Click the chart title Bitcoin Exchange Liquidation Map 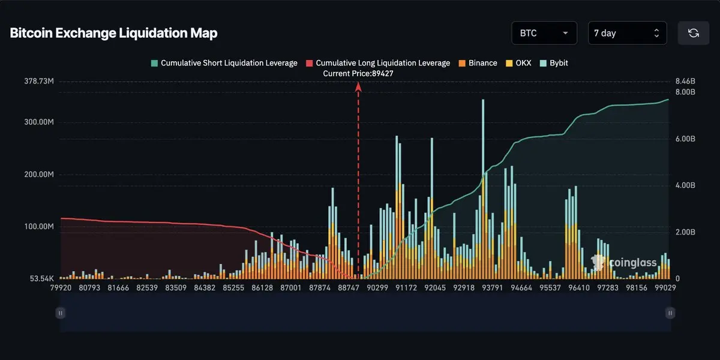coord(113,33)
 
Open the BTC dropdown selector coord(544,33)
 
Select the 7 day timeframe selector coord(627,33)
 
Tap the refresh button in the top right coord(694,33)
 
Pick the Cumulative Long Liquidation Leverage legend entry coord(378,63)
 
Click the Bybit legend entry coord(554,63)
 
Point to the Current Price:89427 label coord(358,73)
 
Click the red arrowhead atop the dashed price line coord(358,86)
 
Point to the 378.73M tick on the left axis coord(39,81)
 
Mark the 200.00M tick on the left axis coord(39,175)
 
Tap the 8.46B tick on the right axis coord(685,81)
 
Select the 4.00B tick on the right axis coord(685,185)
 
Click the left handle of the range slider coord(60,313)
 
